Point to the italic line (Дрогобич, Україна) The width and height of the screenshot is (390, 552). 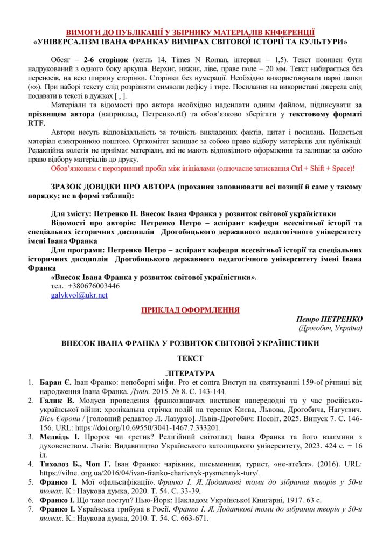330,328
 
